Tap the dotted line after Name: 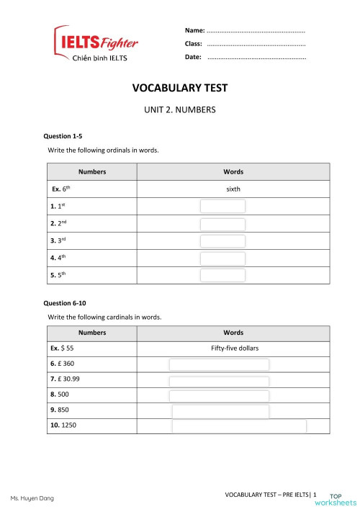point(256,31)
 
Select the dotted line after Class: point(256,44)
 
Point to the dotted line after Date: point(256,56)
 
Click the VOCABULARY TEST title point(180,88)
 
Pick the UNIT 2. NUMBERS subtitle point(180,111)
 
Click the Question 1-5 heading point(63,135)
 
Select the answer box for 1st point(222,207)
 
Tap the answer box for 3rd point(222,240)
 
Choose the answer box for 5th point(222,275)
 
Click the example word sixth point(233,189)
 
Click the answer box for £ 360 point(219,365)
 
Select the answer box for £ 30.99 point(219,382)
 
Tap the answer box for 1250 point(239,426)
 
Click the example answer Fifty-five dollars point(235,348)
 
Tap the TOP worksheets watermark point(342,499)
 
